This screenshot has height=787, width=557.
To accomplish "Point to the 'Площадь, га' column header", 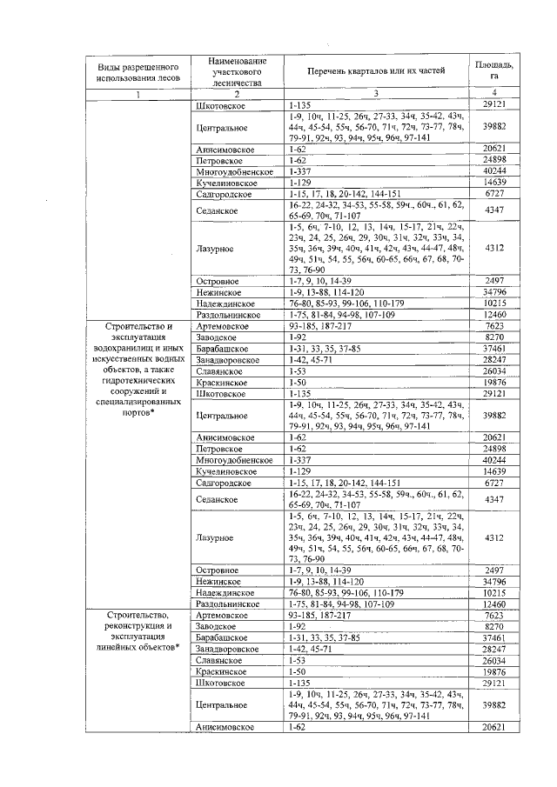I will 493,70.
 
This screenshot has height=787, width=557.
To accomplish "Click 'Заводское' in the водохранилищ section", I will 218,337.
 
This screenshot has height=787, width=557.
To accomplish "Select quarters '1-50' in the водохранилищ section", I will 298,381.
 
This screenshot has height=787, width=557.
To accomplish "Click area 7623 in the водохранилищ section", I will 493,325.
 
